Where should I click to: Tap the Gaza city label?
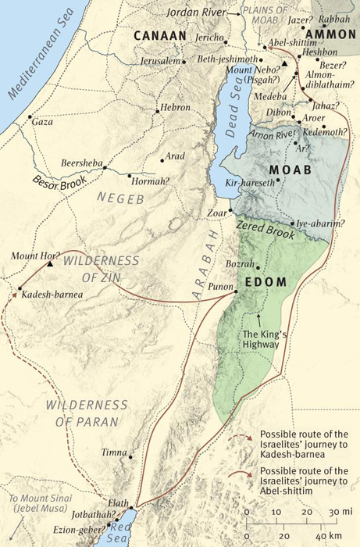click(x=41, y=123)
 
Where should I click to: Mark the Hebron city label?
click(x=174, y=107)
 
